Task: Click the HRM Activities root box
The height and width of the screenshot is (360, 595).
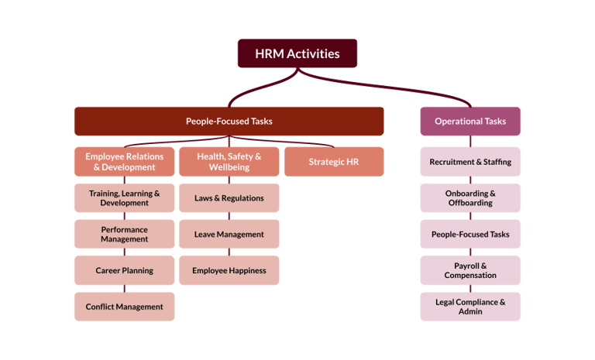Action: (297, 53)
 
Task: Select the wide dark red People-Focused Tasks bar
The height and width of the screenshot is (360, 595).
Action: (229, 122)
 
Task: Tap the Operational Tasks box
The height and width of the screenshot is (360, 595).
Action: (470, 122)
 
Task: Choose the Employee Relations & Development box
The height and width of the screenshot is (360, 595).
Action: (124, 162)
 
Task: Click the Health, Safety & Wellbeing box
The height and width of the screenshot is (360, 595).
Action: (229, 162)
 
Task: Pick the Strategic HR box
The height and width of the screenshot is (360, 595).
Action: (333, 162)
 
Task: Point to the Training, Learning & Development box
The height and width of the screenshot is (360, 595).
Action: (124, 198)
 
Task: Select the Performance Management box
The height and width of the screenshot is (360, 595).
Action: (124, 235)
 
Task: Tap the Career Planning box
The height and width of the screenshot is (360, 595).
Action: (124, 271)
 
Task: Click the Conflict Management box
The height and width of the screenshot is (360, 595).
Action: (124, 307)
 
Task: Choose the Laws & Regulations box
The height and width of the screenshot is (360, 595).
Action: (229, 198)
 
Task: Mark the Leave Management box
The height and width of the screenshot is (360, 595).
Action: (229, 235)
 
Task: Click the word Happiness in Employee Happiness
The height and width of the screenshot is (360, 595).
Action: (245, 271)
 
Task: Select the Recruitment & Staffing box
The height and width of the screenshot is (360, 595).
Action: (470, 162)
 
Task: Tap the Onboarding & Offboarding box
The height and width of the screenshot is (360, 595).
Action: (470, 198)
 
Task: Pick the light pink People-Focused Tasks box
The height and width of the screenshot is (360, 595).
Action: (470, 235)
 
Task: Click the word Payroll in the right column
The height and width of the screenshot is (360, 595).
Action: (470, 266)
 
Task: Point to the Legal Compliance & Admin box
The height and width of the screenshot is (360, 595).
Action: (470, 307)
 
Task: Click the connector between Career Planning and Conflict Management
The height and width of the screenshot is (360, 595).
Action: (124, 289)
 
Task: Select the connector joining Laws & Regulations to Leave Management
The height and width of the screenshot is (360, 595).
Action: (229, 216)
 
